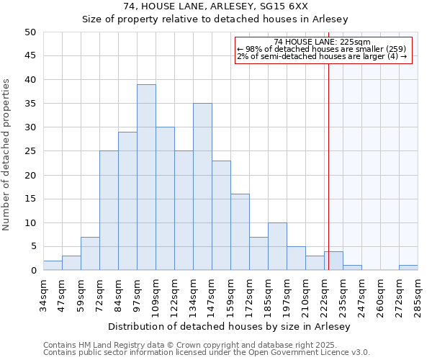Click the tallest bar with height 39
tap(146, 177)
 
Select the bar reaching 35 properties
tap(202, 186)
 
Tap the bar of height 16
tap(240, 232)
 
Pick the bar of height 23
tap(221, 215)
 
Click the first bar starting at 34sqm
tap(53, 266)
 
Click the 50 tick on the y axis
tap(30, 32)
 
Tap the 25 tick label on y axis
tap(30, 151)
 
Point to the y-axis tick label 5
tap(33, 247)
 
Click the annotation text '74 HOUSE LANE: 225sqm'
tap(323, 42)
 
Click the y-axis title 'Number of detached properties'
tap(7, 155)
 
